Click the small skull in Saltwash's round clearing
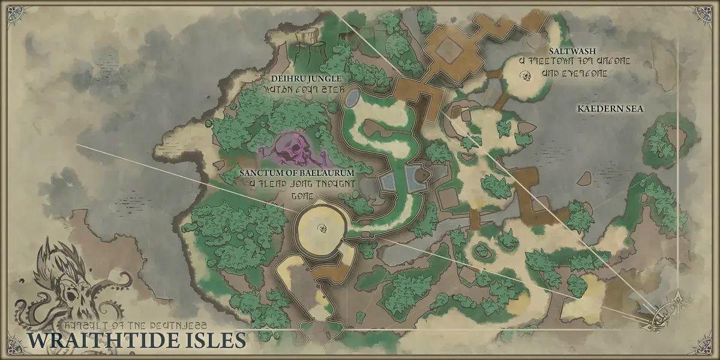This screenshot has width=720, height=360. (526, 76)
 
